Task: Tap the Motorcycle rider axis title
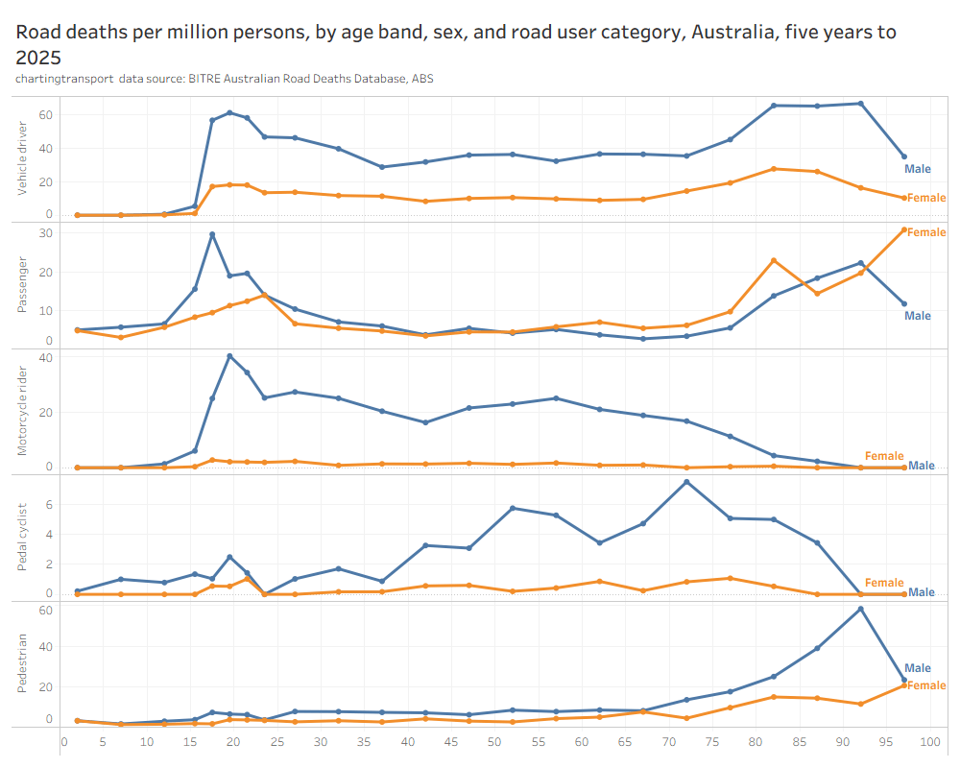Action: click(23, 411)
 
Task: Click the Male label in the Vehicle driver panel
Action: click(918, 169)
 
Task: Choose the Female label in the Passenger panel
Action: click(926, 232)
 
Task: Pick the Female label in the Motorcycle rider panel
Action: click(884, 456)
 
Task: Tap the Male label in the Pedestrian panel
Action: click(918, 668)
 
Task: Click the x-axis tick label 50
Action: click(493, 742)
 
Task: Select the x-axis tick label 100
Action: click(929, 742)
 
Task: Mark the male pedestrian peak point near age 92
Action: click(860, 609)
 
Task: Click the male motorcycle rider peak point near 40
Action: click(229, 356)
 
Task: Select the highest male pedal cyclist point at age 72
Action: click(686, 482)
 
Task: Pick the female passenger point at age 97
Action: click(904, 229)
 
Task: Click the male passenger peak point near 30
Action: click(212, 234)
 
